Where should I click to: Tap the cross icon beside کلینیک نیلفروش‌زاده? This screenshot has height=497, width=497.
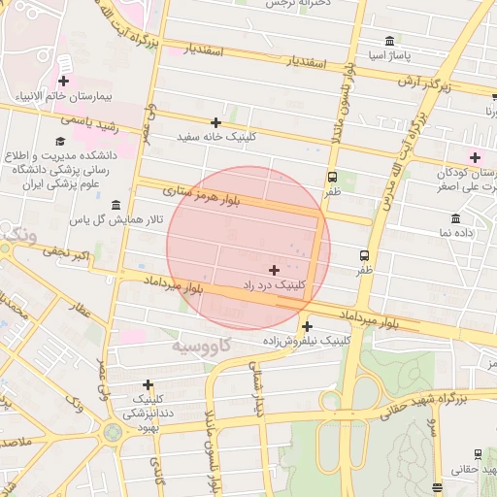click(308, 326)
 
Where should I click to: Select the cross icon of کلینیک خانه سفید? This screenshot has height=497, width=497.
click(215, 122)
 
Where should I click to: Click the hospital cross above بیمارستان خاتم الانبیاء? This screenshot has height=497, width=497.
click(64, 82)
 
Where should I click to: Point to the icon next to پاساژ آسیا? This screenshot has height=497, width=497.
click(389, 41)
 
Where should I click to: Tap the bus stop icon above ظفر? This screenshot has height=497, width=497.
click(333, 177)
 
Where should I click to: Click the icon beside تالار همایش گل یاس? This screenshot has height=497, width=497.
click(116, 205)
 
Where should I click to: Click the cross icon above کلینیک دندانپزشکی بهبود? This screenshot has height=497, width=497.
click(148, 384)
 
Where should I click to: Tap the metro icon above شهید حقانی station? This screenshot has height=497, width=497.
click(478, 453)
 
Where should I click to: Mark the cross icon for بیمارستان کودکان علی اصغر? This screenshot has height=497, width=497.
click(475, 157)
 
